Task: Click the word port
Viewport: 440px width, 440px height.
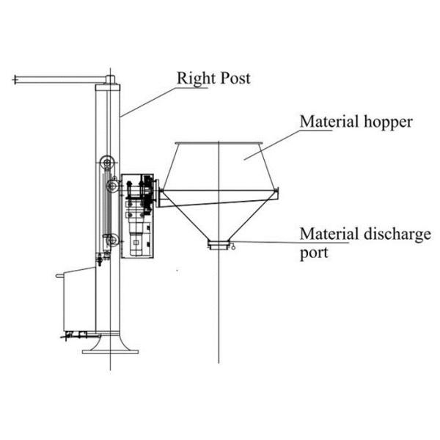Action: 313,253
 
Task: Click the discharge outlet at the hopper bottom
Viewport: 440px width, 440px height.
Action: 219,244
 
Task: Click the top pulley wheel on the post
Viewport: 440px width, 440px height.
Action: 108,163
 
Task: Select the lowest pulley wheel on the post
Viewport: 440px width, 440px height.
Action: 110,238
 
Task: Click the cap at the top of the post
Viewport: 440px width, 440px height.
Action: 110,78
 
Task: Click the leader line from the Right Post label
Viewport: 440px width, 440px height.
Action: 147,101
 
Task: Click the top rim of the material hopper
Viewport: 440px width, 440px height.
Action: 219,142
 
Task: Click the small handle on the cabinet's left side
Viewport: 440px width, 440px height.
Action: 59,275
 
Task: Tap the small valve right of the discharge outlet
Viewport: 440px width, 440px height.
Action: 233,248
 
